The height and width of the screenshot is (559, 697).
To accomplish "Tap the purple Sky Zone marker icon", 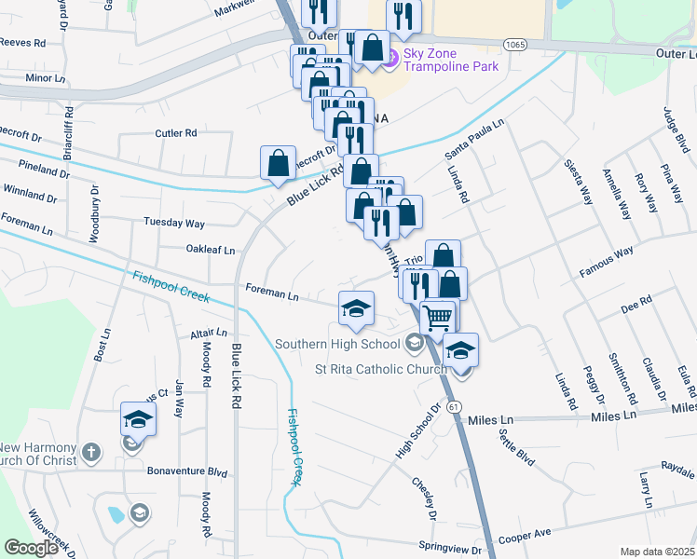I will click(x=390, y=59).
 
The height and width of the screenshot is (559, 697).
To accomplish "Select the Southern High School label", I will click(x=337, y=344).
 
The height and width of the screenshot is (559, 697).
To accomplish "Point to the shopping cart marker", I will click(x=437, y=318).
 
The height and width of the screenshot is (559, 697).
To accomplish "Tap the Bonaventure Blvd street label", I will click(x=186, y=472).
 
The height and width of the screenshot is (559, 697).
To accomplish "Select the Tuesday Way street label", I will click(x=173, y=224).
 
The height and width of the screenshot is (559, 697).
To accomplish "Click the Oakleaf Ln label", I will click(x=210, y=250).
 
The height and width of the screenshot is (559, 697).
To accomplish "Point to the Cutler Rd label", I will click(x=176, y=133).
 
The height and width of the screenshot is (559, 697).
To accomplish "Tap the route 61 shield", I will click(x=454, y=408).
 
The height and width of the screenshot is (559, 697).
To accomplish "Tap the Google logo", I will click(x=31, y=548).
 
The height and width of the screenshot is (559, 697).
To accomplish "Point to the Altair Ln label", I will click(x=208, y=332).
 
